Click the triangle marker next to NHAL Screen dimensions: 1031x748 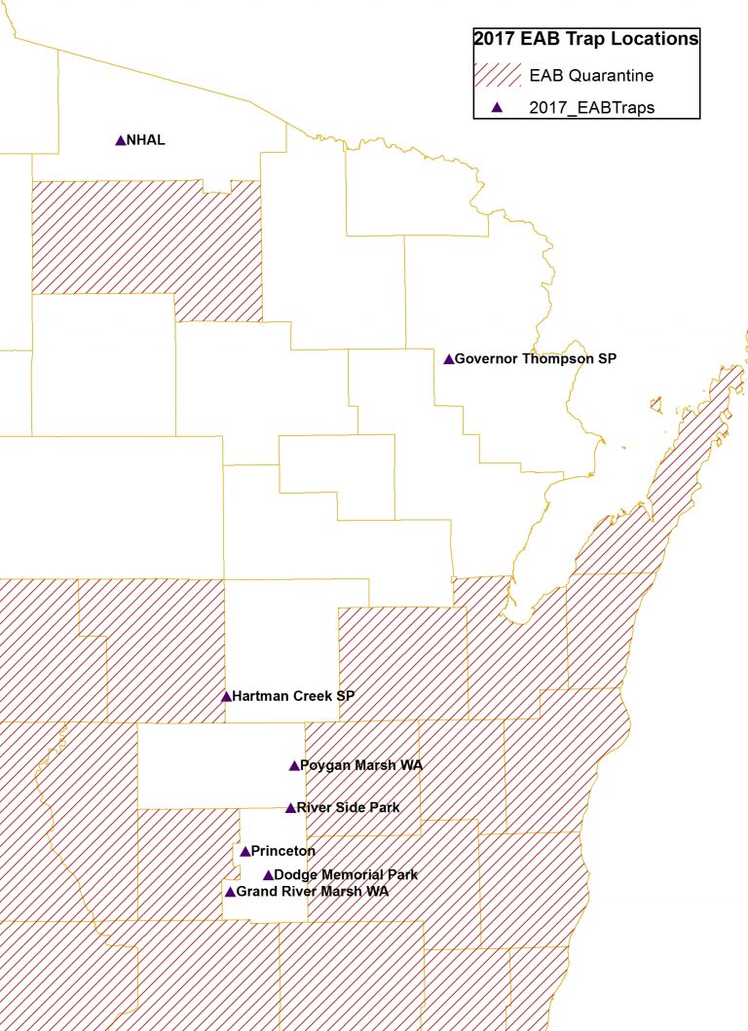coord(121,140)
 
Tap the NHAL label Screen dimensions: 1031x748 coord(146,140)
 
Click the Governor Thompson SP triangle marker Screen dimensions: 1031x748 coord(449,359)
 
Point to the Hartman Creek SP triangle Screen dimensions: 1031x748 coord(226,696)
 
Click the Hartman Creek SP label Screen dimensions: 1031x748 coord(293,696)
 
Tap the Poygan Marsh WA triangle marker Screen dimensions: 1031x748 coord(294,765)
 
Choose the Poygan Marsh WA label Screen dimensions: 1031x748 coord(349,765)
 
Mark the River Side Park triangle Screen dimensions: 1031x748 coord(290,807)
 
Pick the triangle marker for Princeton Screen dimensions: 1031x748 coord(244,851)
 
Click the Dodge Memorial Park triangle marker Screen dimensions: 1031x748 coord(268,874)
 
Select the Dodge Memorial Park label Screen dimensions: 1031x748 coord(346,874)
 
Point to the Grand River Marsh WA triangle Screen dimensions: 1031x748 coord(230,891)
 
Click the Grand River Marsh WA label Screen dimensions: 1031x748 coord(313,891)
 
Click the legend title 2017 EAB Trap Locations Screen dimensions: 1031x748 coord(586,39)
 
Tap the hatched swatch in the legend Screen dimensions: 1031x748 coord(499,75)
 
